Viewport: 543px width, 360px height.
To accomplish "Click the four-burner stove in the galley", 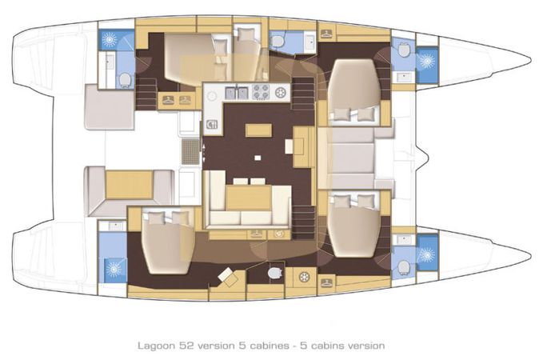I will pyautogui.click(x=261, y=92).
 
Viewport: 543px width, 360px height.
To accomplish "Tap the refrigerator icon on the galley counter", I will pyautogui.click(x=212, y=123).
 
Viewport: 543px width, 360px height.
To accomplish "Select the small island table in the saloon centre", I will pyautogui.click(x=257, y=130).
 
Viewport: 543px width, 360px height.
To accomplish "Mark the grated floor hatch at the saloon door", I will pyautogui.click(x=190, y=150).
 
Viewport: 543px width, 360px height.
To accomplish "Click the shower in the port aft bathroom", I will pyautogui.click(x=108, y=40).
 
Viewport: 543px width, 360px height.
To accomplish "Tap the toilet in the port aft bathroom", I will pyautogui.click(x=125, y=78).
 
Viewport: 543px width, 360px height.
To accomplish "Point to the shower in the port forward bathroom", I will pyautogui.click(x=427, y=60).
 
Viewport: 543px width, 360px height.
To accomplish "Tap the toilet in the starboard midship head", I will pyautogui.click(x=274, y=273).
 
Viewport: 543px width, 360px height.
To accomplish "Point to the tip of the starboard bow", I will pyautogui.click(x=529, y=256).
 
